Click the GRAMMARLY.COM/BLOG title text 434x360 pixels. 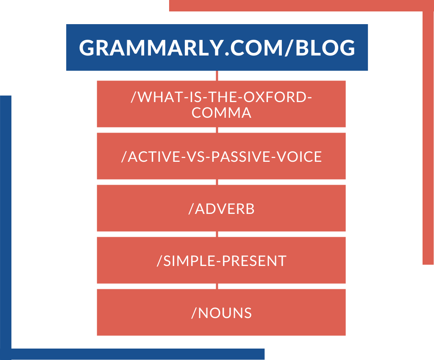[217, 47]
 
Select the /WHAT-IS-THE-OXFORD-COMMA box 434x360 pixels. [221, 104]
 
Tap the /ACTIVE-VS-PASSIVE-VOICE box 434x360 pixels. [221, 156]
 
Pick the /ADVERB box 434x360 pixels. [221, 208]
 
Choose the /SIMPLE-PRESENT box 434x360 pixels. [221, 260]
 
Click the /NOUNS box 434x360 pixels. [221, 312]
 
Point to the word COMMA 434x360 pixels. [221, 113]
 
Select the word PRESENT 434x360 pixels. [254, 261]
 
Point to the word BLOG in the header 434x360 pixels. [325, 47]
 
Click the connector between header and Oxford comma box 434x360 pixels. [217, 76]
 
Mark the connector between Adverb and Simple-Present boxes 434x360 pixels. [217, 234]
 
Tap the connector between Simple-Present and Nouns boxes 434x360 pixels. [217, 286]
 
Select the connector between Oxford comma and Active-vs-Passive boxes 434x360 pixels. [217, 130]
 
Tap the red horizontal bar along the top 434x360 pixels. [301, 6]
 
